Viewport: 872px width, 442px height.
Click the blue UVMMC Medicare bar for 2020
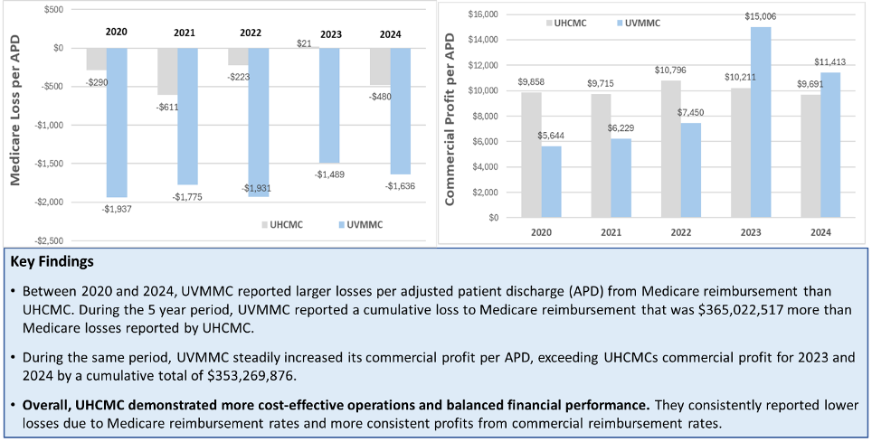click(x=116, y=122)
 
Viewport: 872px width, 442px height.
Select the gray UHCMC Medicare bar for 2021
click(x=166, y=71)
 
